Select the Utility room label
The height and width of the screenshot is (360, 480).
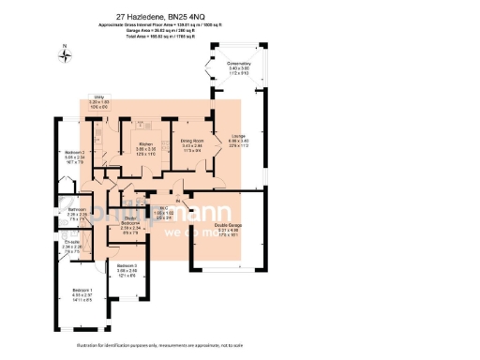click(x=99, y=97)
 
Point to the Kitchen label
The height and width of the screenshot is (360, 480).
click(x=145, y=144)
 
